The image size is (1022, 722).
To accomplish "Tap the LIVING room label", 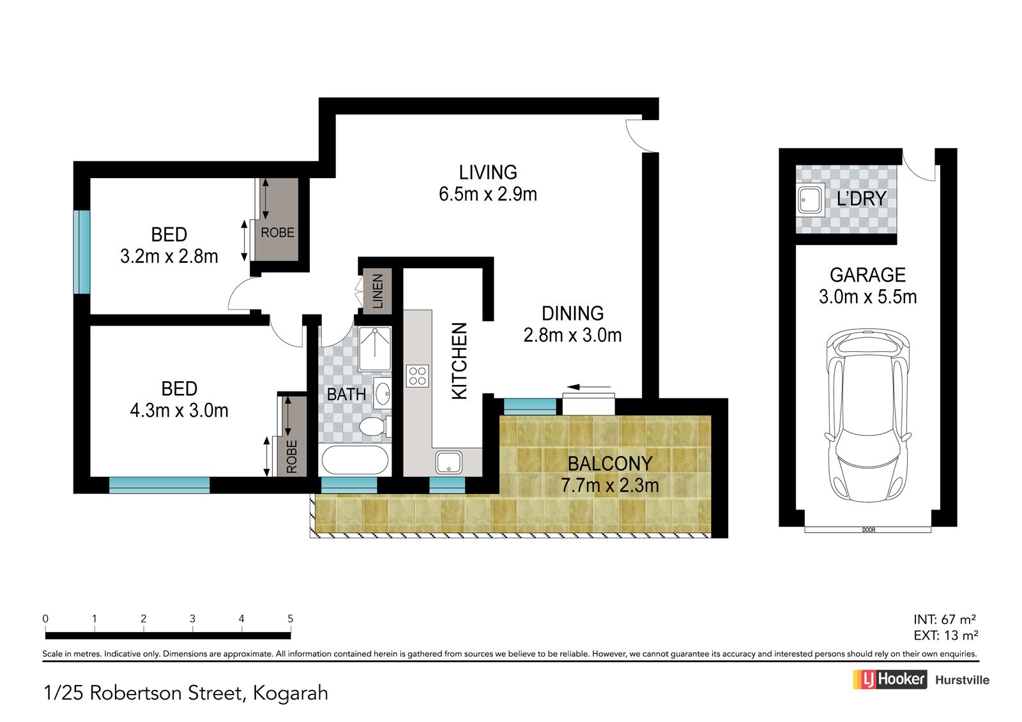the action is point(488,172).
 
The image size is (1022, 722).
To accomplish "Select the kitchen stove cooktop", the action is point(418,376).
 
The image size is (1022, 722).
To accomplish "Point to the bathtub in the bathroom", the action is point(355,460).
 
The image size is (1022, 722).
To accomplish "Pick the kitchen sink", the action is point(448,462).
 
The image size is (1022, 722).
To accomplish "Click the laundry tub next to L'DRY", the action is point(811,199).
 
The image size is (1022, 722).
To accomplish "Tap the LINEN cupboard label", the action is point(378,291).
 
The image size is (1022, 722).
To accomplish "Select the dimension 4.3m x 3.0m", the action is point(179,410).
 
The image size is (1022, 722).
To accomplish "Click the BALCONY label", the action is point(610,464).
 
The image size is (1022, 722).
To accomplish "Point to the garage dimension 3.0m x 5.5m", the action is point(867,297).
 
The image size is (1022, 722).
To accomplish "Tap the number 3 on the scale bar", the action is point(192,619).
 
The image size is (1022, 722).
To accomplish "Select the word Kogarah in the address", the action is point(290,693).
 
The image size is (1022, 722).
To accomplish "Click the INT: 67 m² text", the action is point(945,619).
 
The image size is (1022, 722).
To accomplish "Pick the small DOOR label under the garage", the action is point(869,530).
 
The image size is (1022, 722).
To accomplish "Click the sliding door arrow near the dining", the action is point(588,387).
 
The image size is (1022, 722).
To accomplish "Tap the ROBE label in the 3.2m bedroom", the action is point(277,232).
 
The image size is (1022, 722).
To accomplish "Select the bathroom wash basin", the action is point(383,393).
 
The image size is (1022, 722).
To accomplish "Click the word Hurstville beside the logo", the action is point(962,680).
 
